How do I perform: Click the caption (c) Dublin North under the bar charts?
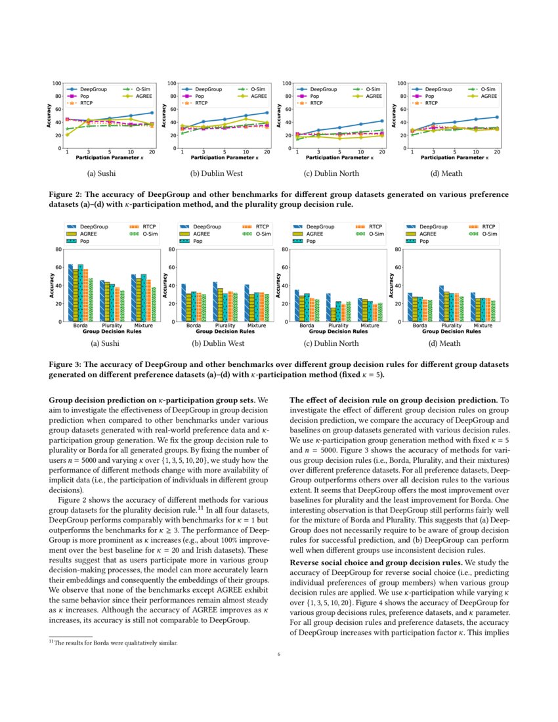pos(330,343)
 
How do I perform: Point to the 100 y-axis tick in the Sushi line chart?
pos(57,83)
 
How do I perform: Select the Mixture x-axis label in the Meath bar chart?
pos(483,326)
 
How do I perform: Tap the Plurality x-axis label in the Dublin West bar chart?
pos(225,326)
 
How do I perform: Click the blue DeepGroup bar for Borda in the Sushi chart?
pos(70,293)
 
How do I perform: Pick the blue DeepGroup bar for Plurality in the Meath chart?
pos(442,303)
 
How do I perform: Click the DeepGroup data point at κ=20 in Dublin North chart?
pos(381,121)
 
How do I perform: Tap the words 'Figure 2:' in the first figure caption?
pos(67,195)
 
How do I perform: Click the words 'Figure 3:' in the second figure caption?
pos(67,364)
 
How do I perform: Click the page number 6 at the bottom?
pos(279,654)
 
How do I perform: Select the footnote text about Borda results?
pos(116,643)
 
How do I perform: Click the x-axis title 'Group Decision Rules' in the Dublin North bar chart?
pos(337,331)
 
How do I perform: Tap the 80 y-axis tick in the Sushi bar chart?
pos(58,249)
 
